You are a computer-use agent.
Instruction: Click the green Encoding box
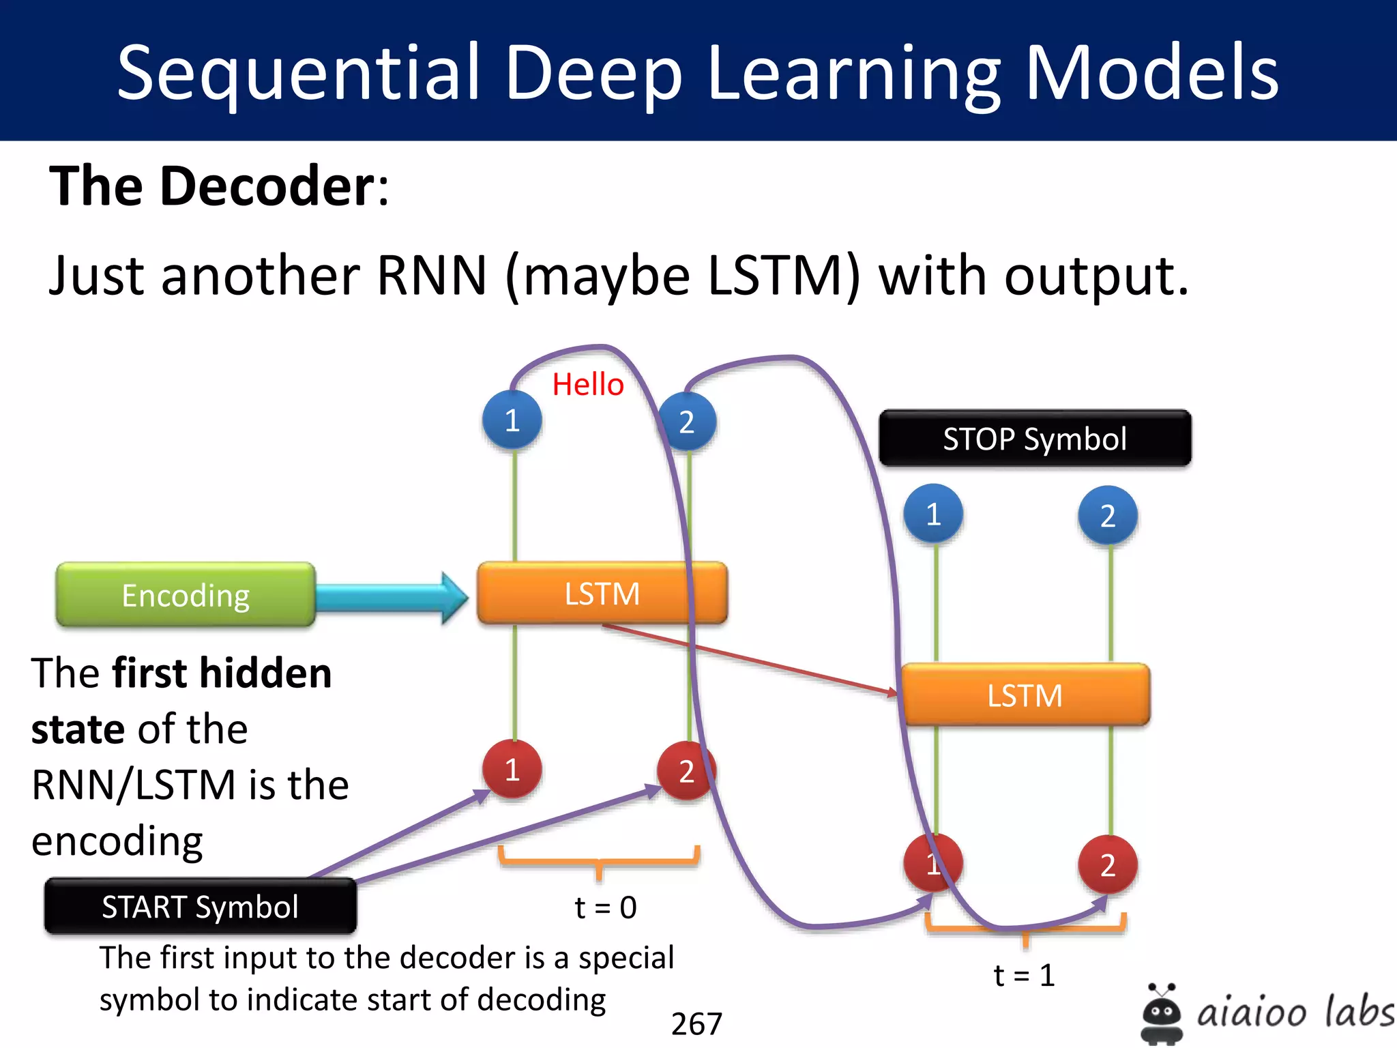[x=186, y=595]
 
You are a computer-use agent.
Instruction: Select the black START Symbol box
[x=200, y=907]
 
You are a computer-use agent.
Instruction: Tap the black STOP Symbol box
[x=1035, y=439]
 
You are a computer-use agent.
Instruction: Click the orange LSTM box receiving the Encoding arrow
[x=602, y=593]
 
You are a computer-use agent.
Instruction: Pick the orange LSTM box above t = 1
[x=1025, y=695]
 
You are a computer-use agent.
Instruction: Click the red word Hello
[x=588, y=384]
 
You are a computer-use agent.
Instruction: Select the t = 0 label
[x=606, y=907]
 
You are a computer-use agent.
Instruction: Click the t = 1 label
[x=1024, y=976]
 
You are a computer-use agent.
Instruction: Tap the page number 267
[x=696, y=1023]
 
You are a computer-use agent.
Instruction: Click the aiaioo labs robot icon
[x=1161, y=1013]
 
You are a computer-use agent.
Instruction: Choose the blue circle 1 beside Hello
[x=512, y=420]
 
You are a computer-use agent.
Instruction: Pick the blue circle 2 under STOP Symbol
[x=1108, y=516]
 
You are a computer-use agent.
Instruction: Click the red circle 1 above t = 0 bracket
[x=512, y=770]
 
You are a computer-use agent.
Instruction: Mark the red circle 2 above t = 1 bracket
[x=1108, y=865]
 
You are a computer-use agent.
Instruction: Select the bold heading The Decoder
[x=218, y=186]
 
